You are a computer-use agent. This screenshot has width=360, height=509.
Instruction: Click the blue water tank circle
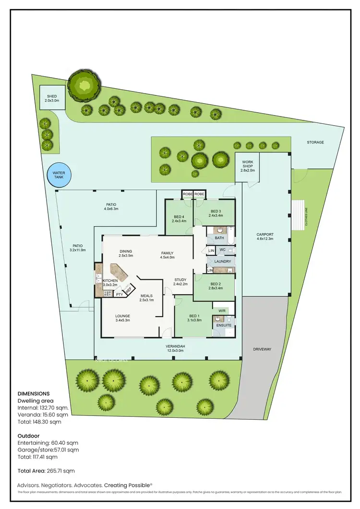click(x=59, y=176)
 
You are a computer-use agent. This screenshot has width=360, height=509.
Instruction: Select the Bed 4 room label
click(x=179, y=219)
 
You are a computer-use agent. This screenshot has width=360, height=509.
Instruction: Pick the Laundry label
click(x=223, y=261)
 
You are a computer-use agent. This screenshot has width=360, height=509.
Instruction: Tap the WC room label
click(x=222, y=250)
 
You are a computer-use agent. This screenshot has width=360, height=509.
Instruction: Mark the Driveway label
click(x=262, y=349)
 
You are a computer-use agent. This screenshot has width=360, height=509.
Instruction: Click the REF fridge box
click(x=129, y=290)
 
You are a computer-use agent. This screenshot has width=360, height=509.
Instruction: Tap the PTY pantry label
click(x=119, y=294)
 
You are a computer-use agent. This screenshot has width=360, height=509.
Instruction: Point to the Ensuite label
click(x=224, y=325)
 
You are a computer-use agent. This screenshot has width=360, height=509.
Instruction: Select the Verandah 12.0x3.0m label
click(x=176, y=348)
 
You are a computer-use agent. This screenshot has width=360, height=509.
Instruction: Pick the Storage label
click(x=315, y=142)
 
